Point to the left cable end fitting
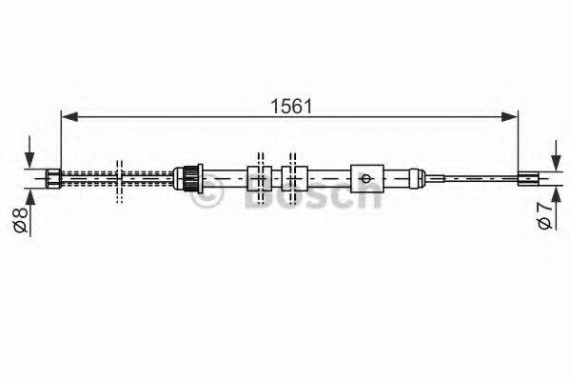tap(54, 176)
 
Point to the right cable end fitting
tap(527, 176)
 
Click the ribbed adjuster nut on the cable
tap(190, 176)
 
